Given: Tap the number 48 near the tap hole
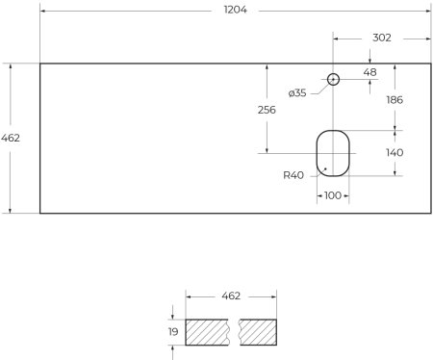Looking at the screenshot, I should tap(369, 70).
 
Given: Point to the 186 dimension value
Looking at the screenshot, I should tap(395, 100).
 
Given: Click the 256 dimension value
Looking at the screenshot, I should tap(267, 110).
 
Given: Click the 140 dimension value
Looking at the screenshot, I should tap(395, 152).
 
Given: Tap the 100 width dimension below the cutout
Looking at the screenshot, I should tap(333, 195).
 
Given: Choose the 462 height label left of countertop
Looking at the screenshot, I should tap(11, 138).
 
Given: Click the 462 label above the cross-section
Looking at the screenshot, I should tap(230, 296).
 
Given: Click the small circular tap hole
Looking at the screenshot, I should tap(333, 79).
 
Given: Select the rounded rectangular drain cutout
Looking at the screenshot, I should tap(333, 152).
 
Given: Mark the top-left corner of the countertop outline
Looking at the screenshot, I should tap(39, 64).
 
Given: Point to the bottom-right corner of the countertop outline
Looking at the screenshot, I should tap(429, 213).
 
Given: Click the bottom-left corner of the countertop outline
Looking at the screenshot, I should tap(39, 213).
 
